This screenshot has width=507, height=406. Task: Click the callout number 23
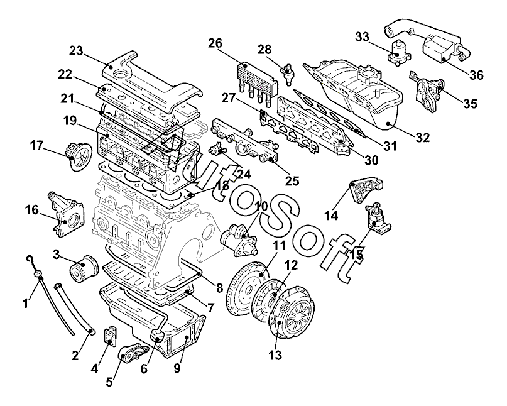pyautogui.click(x=76, y=51)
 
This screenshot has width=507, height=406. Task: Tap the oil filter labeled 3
pyautogui.click(x=84, y=268)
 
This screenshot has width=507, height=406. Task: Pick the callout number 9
pyautogui.click(x=177, y=368)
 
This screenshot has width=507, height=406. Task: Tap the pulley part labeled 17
pyautogui.click(x=79, y=156)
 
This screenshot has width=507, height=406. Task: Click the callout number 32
pyautogui.click(x=423, y=138)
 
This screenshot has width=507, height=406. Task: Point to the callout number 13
pyautogui.click(x=275, y=355)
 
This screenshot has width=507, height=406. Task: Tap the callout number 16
pyautogui.click(x=32, y=210)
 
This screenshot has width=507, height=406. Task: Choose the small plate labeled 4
pyautogui.click(x=111, y=335)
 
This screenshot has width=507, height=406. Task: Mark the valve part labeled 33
pyautogui.click(x=399, y=52)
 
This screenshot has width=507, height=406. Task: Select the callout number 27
pyautogui.click(x=229, y=97)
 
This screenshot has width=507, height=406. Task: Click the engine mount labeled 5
pyautogui.click(x=133, y=354)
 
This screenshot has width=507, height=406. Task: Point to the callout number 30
pyautogui.click(x=371, y=160)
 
